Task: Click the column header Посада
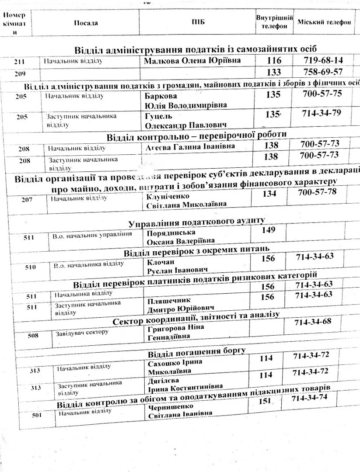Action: (x=86, y=23)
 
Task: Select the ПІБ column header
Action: (x=198, y=23)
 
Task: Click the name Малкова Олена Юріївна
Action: (x=192, y=60)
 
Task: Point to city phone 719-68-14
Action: (x=323, y=60)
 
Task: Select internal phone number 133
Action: (x=274, y=72)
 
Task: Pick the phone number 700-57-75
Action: (x=322, y=93)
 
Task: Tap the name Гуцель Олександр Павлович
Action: (x=182, y=121)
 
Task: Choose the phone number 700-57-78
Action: (x=318, y=192)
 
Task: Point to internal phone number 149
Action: (x=269, y=230)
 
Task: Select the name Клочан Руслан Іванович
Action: (x=175, y=265)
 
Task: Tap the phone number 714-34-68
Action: (x=313, y=322)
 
